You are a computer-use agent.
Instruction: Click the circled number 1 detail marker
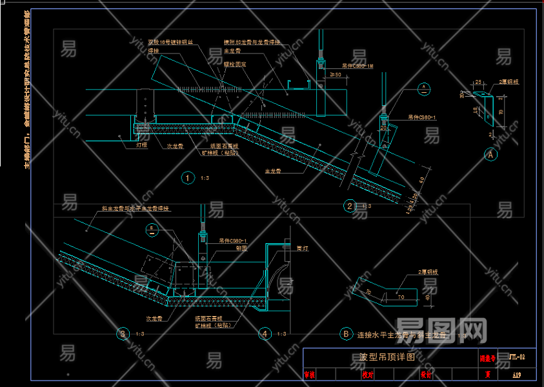click(187, 178)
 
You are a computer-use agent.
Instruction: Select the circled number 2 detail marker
click(350, 206)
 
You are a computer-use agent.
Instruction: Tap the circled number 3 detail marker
click(123, 333)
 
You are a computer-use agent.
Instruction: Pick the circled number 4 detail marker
click(265, 333)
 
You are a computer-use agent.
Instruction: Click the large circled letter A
click(490, 155)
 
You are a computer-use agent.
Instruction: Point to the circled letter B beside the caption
click(346, 334)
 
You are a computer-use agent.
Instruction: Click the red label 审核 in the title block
click(310, 373)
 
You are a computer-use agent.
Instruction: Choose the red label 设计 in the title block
click(426, 373)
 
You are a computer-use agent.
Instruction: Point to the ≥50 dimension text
click(335, 75)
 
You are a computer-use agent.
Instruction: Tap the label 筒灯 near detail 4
click(301, 248)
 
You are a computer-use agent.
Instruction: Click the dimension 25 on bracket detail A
click(478, 82)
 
